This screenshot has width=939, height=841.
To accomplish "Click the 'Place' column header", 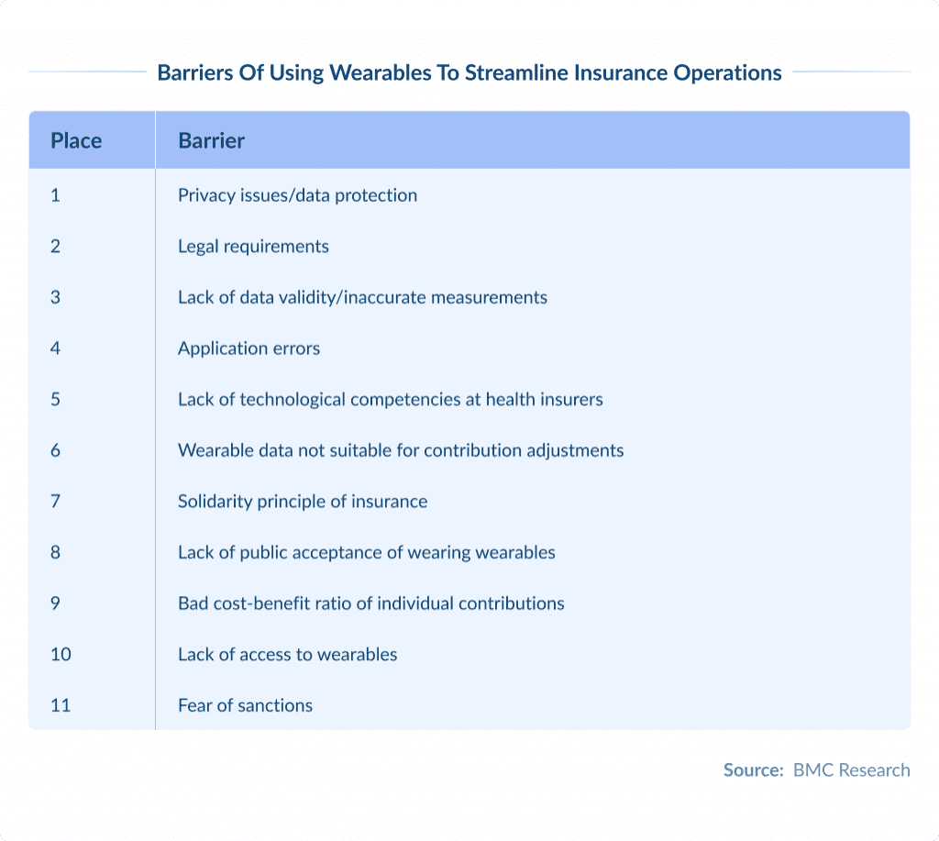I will tap(76, 141).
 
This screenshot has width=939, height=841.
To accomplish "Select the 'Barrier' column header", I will tap(211, 141).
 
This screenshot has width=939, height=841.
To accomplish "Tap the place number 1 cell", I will tap(55, 195).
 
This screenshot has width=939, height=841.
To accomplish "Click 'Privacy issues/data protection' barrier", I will tap(297, 195).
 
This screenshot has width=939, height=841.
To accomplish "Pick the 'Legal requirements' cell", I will tap(253, 247).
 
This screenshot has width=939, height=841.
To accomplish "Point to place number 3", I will tap(55, 297).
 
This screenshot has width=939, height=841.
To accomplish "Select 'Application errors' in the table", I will tap(249, 349).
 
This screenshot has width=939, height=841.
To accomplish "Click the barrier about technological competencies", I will tap(390, 400).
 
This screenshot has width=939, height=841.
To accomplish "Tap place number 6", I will tap(55, 450).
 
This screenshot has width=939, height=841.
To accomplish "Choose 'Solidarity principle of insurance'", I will tap(303, 502).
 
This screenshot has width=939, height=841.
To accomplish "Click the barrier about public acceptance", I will tap(366, 552).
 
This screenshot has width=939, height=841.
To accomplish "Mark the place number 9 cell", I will tap(55, 603).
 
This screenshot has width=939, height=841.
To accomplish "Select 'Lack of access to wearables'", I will tap(287, 655).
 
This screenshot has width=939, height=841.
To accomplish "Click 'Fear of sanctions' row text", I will tap(245, 705).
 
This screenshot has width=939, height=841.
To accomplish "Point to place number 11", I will tap(60, 705).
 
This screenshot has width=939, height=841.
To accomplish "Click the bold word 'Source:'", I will tap(753, 770).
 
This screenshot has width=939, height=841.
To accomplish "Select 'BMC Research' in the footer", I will tap(852, 770).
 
